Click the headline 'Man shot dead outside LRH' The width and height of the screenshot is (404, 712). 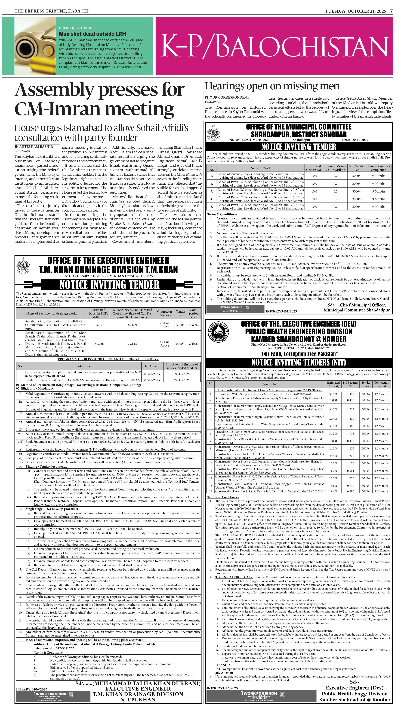[x=92, y=34]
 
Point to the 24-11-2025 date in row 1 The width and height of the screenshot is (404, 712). [x=182, y=374]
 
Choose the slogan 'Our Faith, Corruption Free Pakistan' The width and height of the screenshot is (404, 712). [x=299, y=354]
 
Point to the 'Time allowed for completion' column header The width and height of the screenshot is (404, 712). [x=378, y=168]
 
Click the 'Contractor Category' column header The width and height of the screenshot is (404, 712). [x=165, y=313]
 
